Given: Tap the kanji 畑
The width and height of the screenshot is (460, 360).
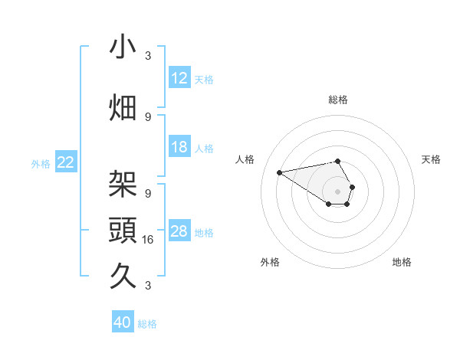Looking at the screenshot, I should coord(123,108).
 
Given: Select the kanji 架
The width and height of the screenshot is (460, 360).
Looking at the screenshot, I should coord(123,185).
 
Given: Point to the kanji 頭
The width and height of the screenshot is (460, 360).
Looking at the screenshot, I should coord(123,230).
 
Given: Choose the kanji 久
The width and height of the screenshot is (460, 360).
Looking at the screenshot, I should coord(123,275).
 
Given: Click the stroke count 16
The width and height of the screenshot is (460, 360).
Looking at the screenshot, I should coord(149,240).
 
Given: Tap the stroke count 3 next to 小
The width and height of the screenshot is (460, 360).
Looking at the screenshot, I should coord(149,56).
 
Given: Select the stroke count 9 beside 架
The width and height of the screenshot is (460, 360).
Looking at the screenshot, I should coord(149,194).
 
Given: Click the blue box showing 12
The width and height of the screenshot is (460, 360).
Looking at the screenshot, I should coord(179,78).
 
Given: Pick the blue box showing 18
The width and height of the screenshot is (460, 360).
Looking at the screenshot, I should coord(179,147).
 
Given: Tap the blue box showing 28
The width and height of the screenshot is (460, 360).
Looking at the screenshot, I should coord(179,231).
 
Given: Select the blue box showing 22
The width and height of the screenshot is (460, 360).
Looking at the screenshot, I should coord(66,162).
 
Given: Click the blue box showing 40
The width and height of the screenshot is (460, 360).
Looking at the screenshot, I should coord(123,322).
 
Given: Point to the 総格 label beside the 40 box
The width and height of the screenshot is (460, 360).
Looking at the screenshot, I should coord(147,324).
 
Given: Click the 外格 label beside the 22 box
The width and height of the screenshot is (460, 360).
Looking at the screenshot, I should coord(41,163).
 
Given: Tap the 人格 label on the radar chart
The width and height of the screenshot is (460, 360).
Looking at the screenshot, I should coord(245,159).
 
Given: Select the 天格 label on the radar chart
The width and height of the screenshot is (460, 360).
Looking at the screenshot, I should coord(431,159).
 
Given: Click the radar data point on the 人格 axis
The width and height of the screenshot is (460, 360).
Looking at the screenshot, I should coord(279,172).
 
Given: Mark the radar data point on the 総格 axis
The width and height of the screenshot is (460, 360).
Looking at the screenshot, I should coord(337,161).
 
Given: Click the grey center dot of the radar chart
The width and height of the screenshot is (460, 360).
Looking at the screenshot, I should coord(337,191).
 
